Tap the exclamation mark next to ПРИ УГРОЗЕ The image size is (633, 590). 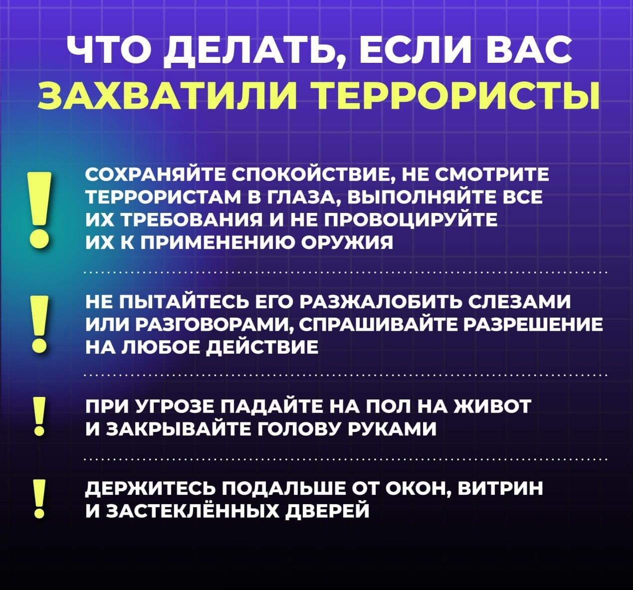(39, 416)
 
